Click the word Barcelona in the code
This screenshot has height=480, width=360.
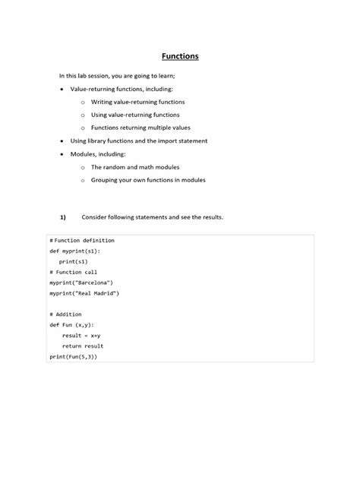click(x=86, y=283)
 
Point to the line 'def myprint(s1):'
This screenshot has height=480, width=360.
click(x=74, y=251)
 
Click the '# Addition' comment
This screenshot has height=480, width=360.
click(x=65, y=314)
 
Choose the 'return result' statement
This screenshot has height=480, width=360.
click(x=83, y=346)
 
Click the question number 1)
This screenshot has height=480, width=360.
click(x=63, y=217)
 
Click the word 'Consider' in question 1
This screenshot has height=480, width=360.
click(x=106, y=217)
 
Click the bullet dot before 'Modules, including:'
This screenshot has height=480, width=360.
click(x=62, y=153)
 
